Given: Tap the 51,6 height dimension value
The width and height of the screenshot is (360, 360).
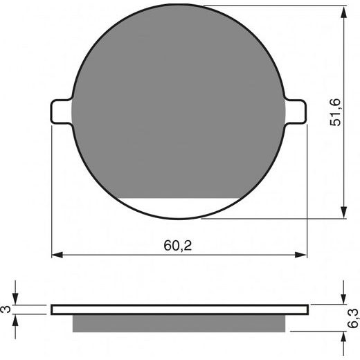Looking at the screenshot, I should [x=335, y=112].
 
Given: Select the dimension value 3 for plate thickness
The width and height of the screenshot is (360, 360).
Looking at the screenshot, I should [x=7, y=309].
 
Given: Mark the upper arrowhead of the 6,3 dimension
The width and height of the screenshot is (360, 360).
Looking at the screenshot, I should [x=344, y=298].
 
